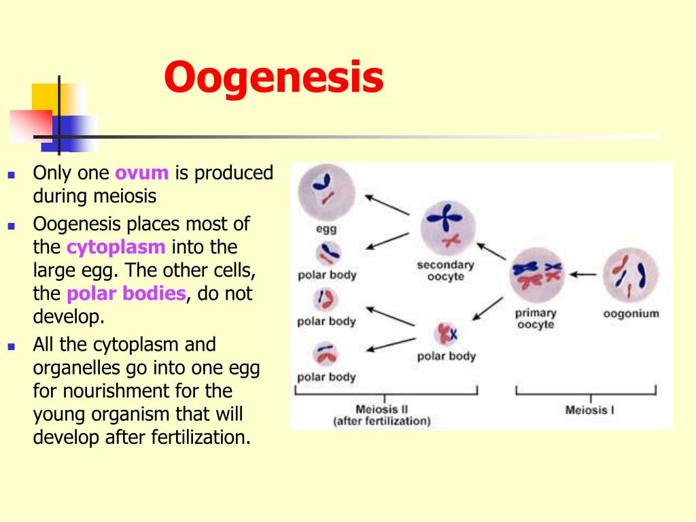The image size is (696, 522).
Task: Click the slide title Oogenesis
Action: (273, 77)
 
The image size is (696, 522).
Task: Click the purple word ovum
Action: (141, 173)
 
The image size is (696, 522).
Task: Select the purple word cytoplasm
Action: (116, 246)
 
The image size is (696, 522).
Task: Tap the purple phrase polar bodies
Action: (126, 294)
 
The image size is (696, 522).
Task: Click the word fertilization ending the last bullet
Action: (199, 437)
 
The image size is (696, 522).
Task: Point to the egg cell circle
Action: (326, 192)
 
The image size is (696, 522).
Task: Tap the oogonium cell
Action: (631, 274)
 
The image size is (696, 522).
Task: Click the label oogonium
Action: (631, 313)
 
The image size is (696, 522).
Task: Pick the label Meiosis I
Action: (589, 410)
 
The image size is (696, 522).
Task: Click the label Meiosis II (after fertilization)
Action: (381, 415)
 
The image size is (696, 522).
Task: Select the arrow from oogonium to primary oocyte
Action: (582, 275)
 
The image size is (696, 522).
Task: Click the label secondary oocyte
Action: (445, 271)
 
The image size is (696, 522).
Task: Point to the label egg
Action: (326, 229)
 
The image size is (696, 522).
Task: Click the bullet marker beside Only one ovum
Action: (11, 175)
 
